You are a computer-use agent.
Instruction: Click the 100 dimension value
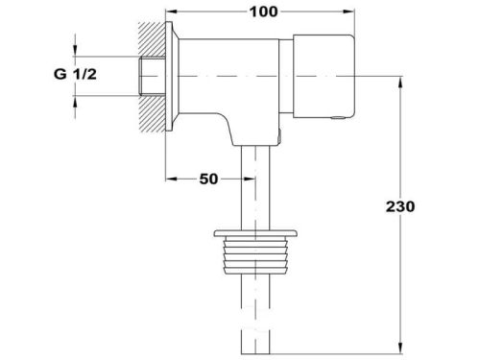click(263, 12)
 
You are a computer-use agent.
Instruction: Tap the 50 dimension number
click(208, 180)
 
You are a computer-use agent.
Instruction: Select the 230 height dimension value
click(400, 206)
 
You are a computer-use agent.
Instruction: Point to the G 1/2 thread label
click(75, 74)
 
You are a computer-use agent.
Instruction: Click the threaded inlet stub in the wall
click(153, 76)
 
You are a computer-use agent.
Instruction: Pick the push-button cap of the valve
click(324, 76)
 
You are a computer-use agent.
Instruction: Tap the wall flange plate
click(169, 76)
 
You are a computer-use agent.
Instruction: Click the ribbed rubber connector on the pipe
click(255, 255)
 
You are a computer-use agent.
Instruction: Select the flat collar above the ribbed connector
click(255, 233)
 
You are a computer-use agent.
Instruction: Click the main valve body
click(228, 89)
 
